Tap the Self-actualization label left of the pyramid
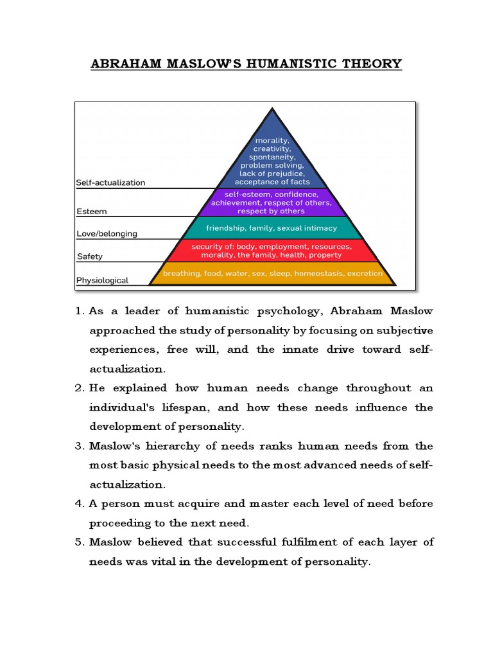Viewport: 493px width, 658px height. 110,182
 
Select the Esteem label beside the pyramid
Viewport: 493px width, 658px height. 91,211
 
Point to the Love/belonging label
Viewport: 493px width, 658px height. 107,234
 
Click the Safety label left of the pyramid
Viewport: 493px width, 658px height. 89,256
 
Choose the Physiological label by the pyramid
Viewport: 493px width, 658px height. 102,280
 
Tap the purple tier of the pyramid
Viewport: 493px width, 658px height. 272,202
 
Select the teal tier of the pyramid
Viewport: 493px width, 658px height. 272,228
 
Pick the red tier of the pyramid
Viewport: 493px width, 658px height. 272,251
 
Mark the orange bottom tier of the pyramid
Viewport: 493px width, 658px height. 272,274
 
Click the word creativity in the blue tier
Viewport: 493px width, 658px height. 272,148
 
